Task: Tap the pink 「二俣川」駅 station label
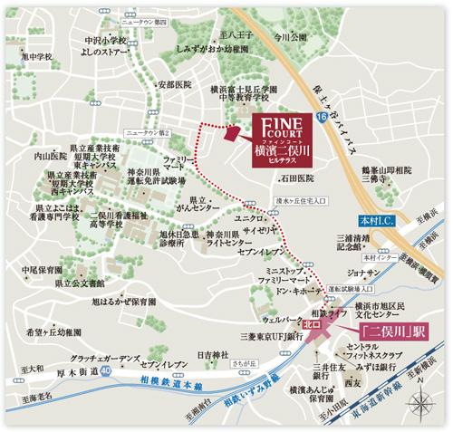tap(397, 331)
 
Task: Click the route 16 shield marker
tap(322, 119)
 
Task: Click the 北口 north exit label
tap(313, 322)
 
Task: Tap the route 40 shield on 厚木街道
tap(108, 370)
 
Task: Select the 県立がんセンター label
tap(204, 202)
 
